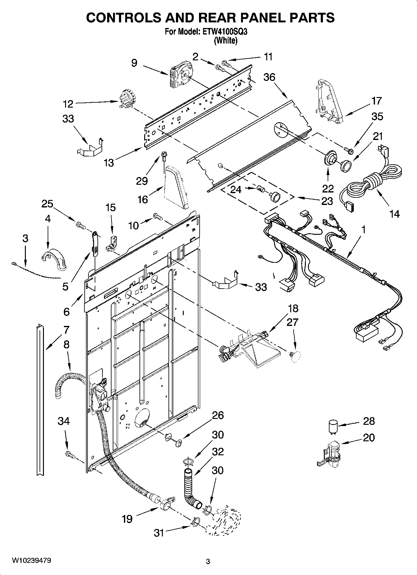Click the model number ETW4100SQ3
(x=225, y=32)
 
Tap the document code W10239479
(x=31, y=560)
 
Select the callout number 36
(x=269, y=77)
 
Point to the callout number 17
(x=376, y=101)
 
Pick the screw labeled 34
(x=70, y=455)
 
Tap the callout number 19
(x=127, y=519)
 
